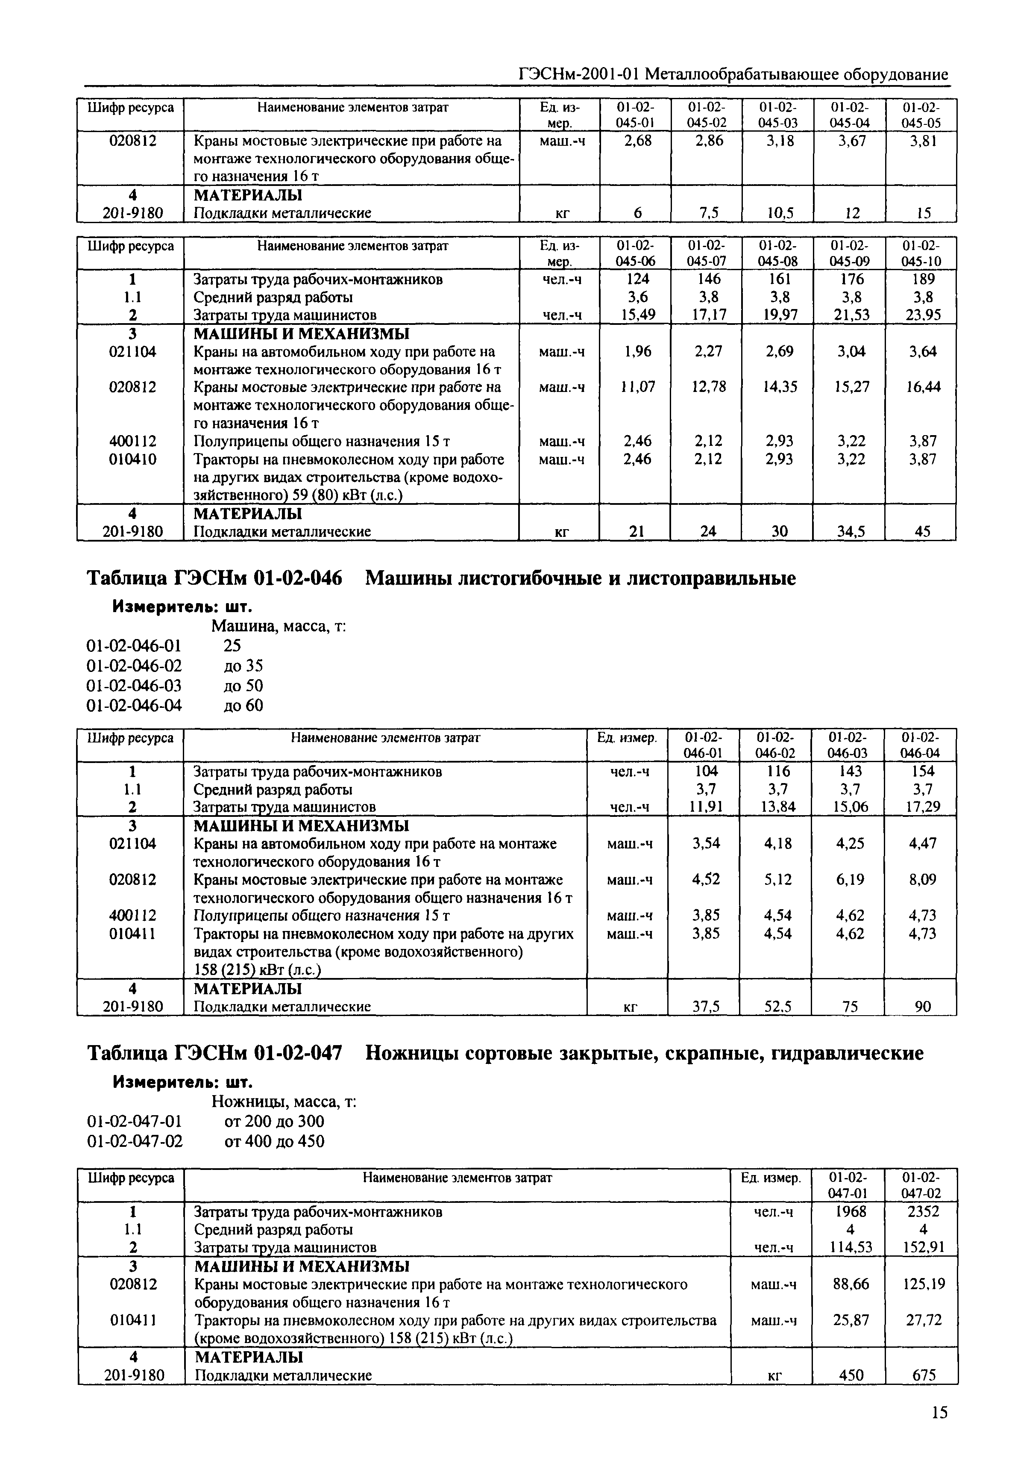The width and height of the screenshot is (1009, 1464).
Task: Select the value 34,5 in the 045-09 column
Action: [851, 532]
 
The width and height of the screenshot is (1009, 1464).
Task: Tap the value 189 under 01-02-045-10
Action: [922, 279]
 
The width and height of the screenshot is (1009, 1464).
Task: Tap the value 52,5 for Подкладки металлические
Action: [777, 1006]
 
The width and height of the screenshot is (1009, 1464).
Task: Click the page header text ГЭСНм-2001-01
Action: [578, 75]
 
